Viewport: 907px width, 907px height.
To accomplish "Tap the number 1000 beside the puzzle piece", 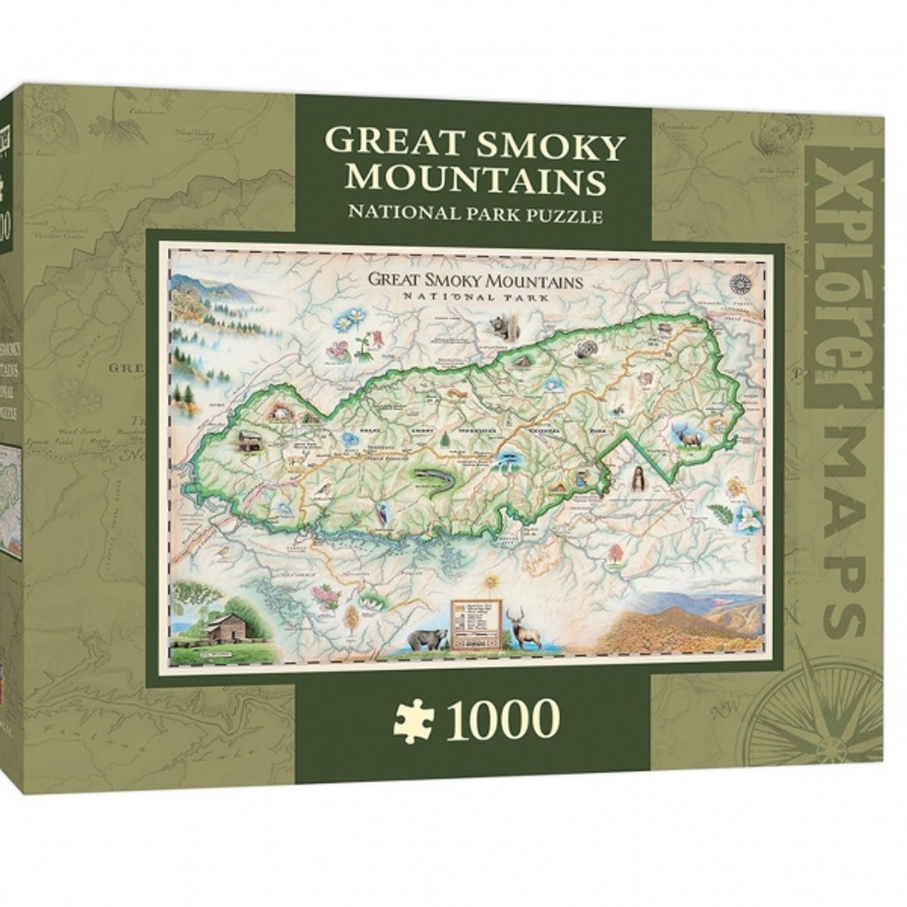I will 495,720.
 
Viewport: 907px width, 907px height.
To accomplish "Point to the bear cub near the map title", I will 500,327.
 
